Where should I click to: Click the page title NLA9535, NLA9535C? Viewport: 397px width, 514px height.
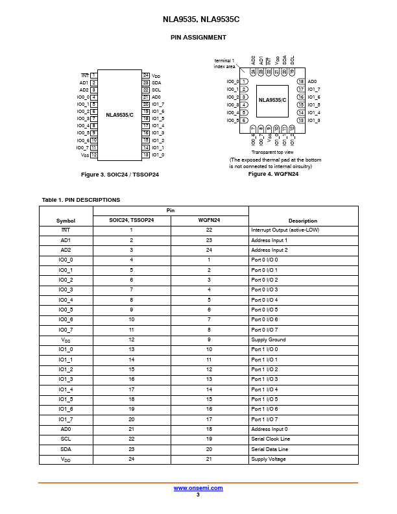(198, 20)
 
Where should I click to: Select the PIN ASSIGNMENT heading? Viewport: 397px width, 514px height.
(198, 38)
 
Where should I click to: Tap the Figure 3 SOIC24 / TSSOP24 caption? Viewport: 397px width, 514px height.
(120, 175)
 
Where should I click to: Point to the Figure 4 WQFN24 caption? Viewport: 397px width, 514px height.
(273, 174)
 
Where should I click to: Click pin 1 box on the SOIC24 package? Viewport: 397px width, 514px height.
(94, 76)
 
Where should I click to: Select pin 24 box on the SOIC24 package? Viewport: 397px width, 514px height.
(146, 76)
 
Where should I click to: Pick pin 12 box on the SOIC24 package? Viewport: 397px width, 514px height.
(94, 155)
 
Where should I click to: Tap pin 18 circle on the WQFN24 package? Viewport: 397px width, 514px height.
(301, 82)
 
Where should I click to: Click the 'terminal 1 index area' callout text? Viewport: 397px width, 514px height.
(224, 63)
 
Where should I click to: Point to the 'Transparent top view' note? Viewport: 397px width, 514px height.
(273, 152)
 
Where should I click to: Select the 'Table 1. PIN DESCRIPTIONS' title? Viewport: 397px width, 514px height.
(80, 200)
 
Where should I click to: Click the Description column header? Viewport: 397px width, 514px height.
(303, 221)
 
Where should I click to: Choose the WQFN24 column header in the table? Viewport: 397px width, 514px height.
(209, 221)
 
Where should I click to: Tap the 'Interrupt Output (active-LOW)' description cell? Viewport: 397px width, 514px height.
(285, 230)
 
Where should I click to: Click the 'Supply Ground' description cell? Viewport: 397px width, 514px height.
(268, 339)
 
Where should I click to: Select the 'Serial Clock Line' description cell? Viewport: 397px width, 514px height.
(271, 439)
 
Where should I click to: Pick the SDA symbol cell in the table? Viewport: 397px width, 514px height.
(66, 449)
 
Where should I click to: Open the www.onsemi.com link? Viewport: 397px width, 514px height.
(198, 488)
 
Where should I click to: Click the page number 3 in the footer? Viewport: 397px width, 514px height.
(198, 495)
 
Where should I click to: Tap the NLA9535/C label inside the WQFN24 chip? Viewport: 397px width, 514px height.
(272, 100)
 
